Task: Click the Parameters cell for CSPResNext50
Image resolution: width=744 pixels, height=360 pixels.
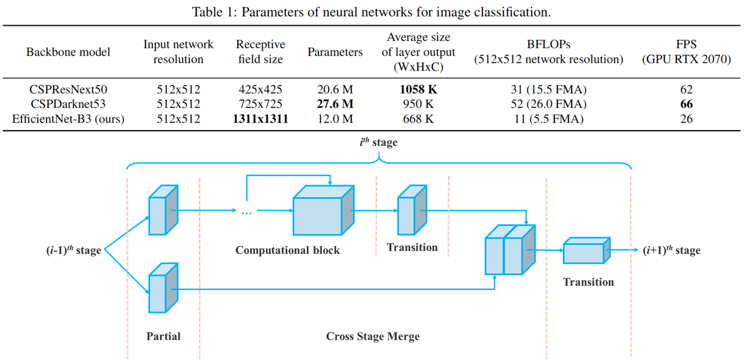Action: [335, 90]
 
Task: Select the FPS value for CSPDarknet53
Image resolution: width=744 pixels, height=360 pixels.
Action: [686, 104]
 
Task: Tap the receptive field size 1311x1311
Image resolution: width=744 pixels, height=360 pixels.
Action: [260, 119]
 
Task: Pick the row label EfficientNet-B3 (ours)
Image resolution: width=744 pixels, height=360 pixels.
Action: [68, 119]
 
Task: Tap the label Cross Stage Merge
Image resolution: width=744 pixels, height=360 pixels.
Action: [373, 336]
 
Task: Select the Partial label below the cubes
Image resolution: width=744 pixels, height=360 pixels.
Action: [164, 336]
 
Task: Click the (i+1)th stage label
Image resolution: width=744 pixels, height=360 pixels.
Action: [672, 250]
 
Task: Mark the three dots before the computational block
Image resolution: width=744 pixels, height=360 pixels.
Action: [246, 213]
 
